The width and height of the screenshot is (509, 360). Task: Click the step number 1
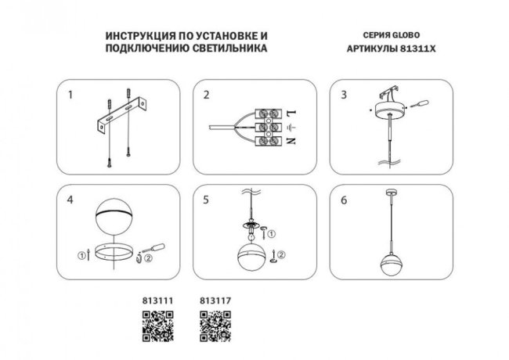[70, 95]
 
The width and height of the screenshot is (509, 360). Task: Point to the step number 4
[70, 200]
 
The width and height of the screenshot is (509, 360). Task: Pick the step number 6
[342, 200]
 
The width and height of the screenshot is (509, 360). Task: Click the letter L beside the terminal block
[291, 111]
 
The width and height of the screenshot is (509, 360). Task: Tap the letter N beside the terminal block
[291, 141]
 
